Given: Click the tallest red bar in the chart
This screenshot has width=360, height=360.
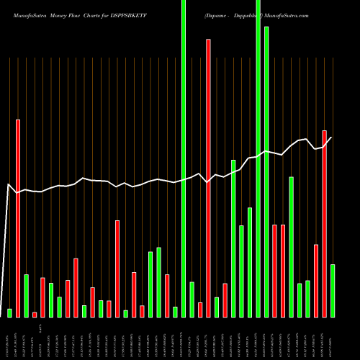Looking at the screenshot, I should click(209, 178).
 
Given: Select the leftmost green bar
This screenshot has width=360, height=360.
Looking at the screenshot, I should click(9, 312).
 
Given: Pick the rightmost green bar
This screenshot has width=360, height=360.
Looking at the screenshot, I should click(333, 290).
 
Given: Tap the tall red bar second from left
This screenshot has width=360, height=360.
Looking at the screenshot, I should click(18, 218).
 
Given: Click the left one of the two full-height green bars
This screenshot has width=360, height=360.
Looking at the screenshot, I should click(184, 158).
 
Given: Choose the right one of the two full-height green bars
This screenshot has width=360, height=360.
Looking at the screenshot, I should click(258, 158).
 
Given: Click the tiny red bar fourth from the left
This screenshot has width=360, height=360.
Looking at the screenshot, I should click(35, 314).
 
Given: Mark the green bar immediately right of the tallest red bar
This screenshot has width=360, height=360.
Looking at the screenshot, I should click(217, 307).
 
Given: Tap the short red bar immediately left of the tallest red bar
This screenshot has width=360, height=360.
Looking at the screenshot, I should click(200, 310).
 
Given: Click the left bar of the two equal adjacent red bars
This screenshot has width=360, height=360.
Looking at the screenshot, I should click(275, 271).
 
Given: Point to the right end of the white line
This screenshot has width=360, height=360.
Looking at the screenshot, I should click(332, 138).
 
